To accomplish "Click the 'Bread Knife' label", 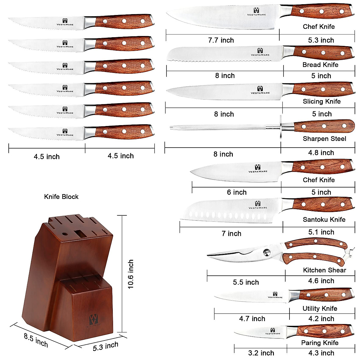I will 320,64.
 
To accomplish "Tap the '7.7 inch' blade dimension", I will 221,40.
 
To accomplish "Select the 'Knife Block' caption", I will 61,197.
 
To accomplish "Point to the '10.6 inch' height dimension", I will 131,274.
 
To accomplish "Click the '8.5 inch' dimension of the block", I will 36,340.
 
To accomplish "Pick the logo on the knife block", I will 94,320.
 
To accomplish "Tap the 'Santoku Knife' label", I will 324,220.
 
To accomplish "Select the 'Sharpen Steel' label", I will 324,139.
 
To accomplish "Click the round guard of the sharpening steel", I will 281,126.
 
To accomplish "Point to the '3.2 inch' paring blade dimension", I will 261,353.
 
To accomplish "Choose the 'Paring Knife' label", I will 320,343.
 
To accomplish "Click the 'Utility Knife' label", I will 320,308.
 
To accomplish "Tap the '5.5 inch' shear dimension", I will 246,282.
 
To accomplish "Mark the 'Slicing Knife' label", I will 322,101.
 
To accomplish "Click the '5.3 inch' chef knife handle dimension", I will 321,40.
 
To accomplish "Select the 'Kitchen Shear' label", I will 325,270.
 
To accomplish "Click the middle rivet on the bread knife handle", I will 323,53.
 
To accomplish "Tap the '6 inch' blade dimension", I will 237,192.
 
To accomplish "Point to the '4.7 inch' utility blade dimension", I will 252,319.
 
